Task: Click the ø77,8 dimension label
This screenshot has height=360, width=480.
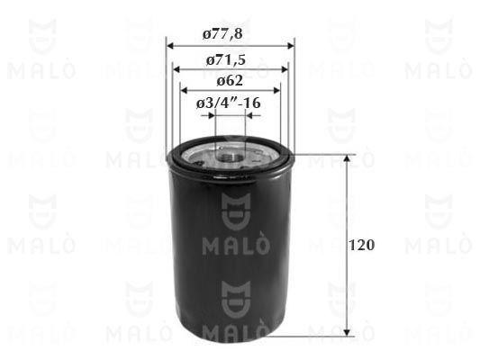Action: (222, 33)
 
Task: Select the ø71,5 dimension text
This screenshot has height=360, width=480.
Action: (226, 60)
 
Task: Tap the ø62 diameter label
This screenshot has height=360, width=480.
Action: (230, 81)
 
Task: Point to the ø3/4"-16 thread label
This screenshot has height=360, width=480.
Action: (229, 103)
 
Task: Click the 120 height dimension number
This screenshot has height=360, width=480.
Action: (361, 246)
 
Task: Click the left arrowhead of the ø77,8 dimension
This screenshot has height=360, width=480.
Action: (170, 46)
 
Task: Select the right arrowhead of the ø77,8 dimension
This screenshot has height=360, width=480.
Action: (290, 46)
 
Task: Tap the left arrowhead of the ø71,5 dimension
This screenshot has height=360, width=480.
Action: (177, 69)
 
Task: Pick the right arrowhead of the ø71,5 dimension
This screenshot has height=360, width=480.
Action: (285, 69)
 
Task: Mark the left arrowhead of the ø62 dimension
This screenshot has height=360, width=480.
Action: (185, 91)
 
